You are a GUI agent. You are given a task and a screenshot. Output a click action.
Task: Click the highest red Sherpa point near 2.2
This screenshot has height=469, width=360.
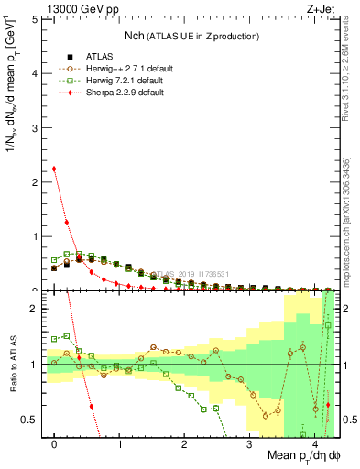[54, 169]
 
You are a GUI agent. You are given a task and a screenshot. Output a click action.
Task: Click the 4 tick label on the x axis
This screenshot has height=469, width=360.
[314, 444]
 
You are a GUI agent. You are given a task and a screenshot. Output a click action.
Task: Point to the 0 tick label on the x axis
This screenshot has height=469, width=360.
[54, 444]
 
